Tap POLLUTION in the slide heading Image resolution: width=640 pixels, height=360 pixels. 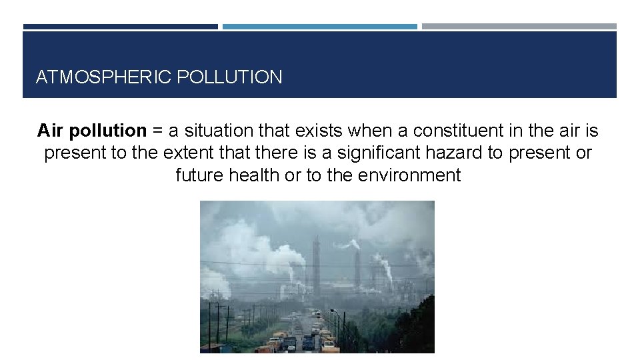point(230,77)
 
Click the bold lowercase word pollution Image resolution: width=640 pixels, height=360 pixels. point(110,130)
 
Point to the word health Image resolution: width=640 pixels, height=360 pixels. point(256,175)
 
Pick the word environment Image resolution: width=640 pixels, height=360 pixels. point(409,175)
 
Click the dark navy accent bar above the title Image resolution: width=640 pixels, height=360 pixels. point(121,27)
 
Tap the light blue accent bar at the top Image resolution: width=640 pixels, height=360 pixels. point(320,27)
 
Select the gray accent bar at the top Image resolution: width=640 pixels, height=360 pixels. point(519,27)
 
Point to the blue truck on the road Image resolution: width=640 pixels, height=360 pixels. point(308,342)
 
